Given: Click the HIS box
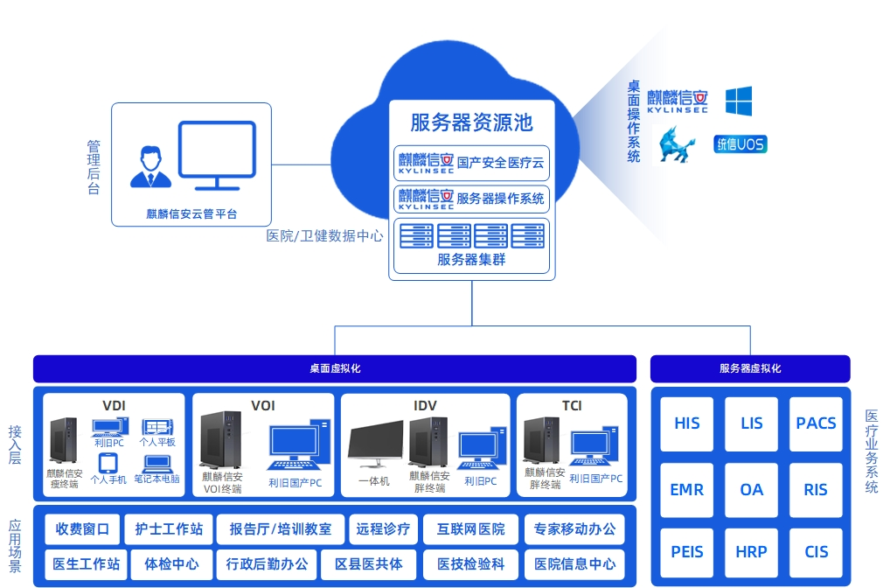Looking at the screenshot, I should coord(687,424).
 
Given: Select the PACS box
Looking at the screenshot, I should coord(816,424).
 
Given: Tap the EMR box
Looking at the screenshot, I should coord(687,490).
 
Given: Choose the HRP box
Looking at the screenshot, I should coord(751,553).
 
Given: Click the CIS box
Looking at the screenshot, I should coord(816,553).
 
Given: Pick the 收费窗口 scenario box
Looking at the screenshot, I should coord(83,529).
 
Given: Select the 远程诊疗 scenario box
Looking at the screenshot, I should coord(383,529).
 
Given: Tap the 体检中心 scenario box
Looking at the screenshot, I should coord(171,564).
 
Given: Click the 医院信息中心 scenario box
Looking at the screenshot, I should coord(575,564).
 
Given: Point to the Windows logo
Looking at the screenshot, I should coord(739,101).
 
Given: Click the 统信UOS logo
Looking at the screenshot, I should coord(740,144).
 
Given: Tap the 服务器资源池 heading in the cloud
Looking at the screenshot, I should coord(471,123).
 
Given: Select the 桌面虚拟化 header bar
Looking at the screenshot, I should coord(335,368).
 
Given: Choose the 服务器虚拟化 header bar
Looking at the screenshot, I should coord(750,368).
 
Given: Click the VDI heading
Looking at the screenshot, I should coord(114,406).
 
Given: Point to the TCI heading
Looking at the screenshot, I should coord(572,406).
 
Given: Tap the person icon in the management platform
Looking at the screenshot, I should coord(147,167).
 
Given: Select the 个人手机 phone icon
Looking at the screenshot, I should coord(108,462).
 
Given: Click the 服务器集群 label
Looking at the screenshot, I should coord(471,260).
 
